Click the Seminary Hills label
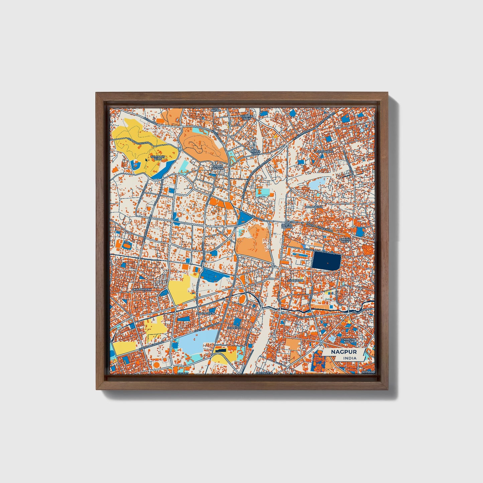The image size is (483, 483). (158, 158)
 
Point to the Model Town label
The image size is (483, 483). (255, 152)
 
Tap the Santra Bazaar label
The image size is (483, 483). (287, 226)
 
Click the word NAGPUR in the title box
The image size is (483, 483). (344, 352)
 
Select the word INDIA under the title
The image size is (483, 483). (349, 358)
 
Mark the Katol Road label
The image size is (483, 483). (150, 119)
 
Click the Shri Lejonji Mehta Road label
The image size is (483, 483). (319, 251)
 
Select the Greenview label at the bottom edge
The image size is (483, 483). (263, 372)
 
